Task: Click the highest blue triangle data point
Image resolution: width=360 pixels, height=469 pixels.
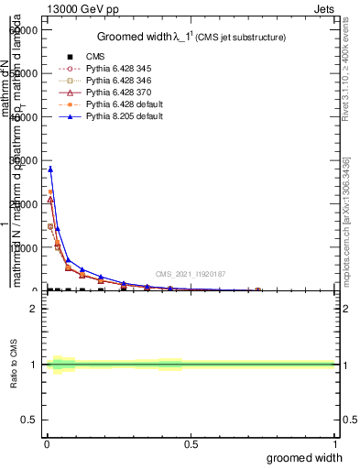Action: [50, 169]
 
